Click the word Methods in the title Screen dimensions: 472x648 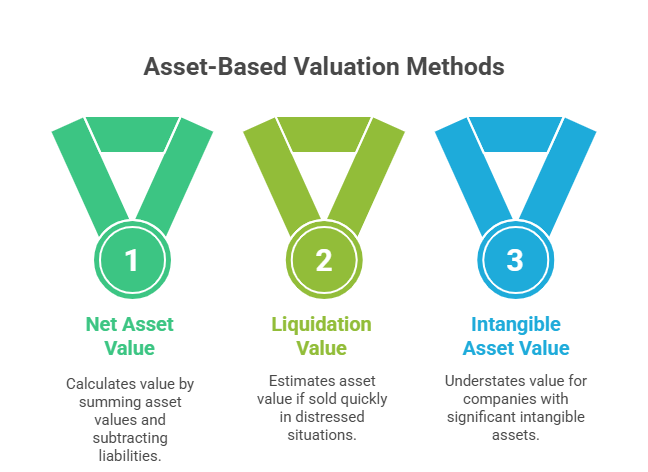(x=455, y=67)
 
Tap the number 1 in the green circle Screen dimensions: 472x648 (x=132, y=261)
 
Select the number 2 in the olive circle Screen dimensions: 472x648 (x=323, y=261)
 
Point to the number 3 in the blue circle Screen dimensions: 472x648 (x=514, y=261)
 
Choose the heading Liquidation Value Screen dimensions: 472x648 (x=323, y=336)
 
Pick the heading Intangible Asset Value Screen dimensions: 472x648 (x=515, y=336)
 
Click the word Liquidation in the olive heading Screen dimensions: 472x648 (x=323, y=324)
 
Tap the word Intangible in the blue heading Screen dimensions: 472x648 (x=515, y=324)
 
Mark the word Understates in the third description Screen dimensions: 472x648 (x=486, y=380)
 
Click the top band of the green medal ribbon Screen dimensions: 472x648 (x=132, y=134)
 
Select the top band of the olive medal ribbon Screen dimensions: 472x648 (x=323, y=134)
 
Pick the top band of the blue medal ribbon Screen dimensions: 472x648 (x=514, y=134)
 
